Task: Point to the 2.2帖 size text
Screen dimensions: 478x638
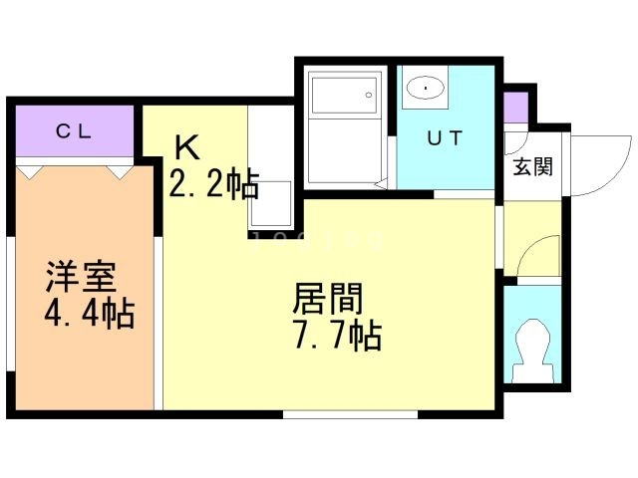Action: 213,184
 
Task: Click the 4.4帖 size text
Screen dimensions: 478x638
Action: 89,316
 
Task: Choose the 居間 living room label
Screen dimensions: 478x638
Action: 328,298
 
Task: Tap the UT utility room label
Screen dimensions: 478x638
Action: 444,139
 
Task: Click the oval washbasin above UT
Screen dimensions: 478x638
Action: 425,89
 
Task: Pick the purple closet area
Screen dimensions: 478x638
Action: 75,130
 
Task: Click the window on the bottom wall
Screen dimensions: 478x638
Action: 349,412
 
